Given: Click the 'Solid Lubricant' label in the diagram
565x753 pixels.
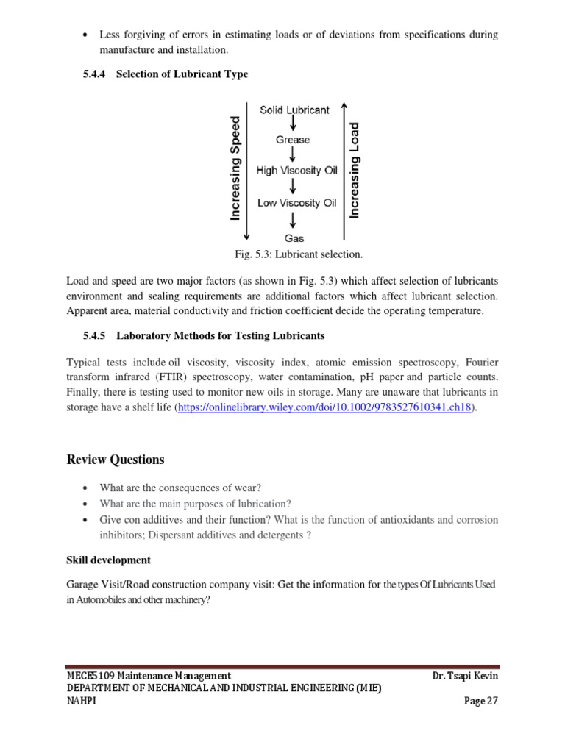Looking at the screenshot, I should (294, 110).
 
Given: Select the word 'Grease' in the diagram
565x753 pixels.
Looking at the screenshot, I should (293, 140).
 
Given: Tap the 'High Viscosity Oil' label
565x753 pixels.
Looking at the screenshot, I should (296, 171).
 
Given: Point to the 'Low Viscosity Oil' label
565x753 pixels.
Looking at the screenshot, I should (296, 202).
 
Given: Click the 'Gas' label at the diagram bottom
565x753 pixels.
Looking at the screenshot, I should (294, 238).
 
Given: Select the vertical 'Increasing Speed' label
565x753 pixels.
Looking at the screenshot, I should (235, 168).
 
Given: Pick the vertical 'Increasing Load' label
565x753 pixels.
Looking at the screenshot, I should (355, 169).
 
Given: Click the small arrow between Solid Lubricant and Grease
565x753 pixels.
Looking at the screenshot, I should (294, 124).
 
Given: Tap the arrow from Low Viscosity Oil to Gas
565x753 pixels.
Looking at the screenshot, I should (294, 219).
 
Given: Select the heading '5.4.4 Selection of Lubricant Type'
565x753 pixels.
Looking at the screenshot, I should (165, 74).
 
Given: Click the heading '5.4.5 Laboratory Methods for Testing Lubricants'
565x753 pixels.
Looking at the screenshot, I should (203, 336).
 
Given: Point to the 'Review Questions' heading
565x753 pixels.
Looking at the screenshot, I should (116, 460).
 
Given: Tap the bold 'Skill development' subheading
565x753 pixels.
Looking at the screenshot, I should (109, 560).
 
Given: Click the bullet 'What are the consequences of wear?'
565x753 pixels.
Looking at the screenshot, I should (181, 488).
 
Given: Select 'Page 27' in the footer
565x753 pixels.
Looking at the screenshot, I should (481, 701).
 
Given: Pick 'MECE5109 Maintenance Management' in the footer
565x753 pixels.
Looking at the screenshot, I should (149, 675).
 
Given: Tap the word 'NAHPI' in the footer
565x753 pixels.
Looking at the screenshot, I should (82, 701).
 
